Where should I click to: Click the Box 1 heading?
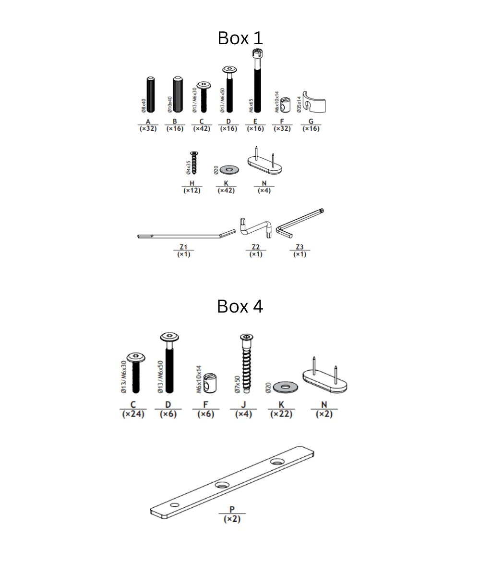240,38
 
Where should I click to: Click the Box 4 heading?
240,306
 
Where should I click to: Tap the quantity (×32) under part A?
148,128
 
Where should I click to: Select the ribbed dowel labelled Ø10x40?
178,94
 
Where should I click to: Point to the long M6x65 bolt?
257,81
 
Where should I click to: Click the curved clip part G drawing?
314,102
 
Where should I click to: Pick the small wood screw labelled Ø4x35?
194,163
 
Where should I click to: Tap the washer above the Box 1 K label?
229,170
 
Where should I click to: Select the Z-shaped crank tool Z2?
255,228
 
